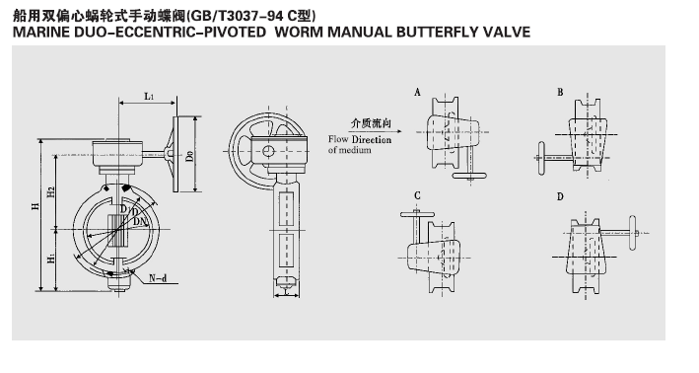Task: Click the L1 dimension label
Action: point(149,96)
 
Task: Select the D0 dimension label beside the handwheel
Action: point(190,156)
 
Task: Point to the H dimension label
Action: point(35,206)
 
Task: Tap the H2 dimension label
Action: point(51,191)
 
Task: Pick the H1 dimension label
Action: point(51,258)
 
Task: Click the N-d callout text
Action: point(158,278)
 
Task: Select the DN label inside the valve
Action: point(140,221)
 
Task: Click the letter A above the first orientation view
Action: point(417,93)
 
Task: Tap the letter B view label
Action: point(560,93)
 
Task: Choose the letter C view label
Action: point(417,195)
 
